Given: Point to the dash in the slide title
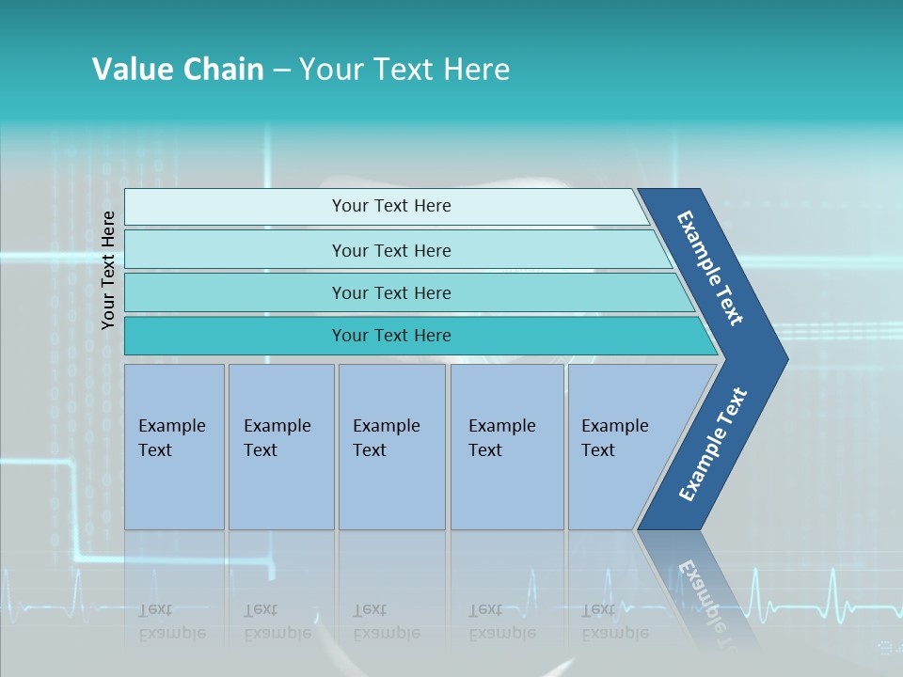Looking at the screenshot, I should coord(281,71).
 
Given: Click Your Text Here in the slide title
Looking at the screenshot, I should coord(404,70).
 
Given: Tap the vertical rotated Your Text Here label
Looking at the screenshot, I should coord(108,270).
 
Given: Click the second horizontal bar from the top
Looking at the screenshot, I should coord(391,250).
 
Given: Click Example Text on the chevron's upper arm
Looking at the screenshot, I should coord(711,268).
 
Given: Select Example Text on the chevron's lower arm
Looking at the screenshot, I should coord(713,445).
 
